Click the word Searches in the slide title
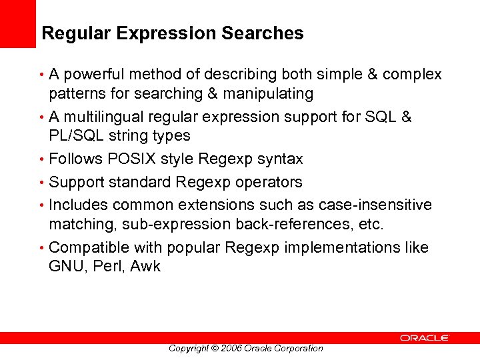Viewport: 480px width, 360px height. [267, 33]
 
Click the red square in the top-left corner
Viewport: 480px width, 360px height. [17, 24]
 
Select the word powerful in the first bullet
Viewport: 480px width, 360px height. [93, 75]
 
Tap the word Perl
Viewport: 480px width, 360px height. [107, 267]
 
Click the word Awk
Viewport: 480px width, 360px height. [145, 267]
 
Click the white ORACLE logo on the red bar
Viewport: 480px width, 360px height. [425, 339]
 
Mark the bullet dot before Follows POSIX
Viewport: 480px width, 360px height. [43, 160]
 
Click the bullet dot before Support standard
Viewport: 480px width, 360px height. [43, 183]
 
